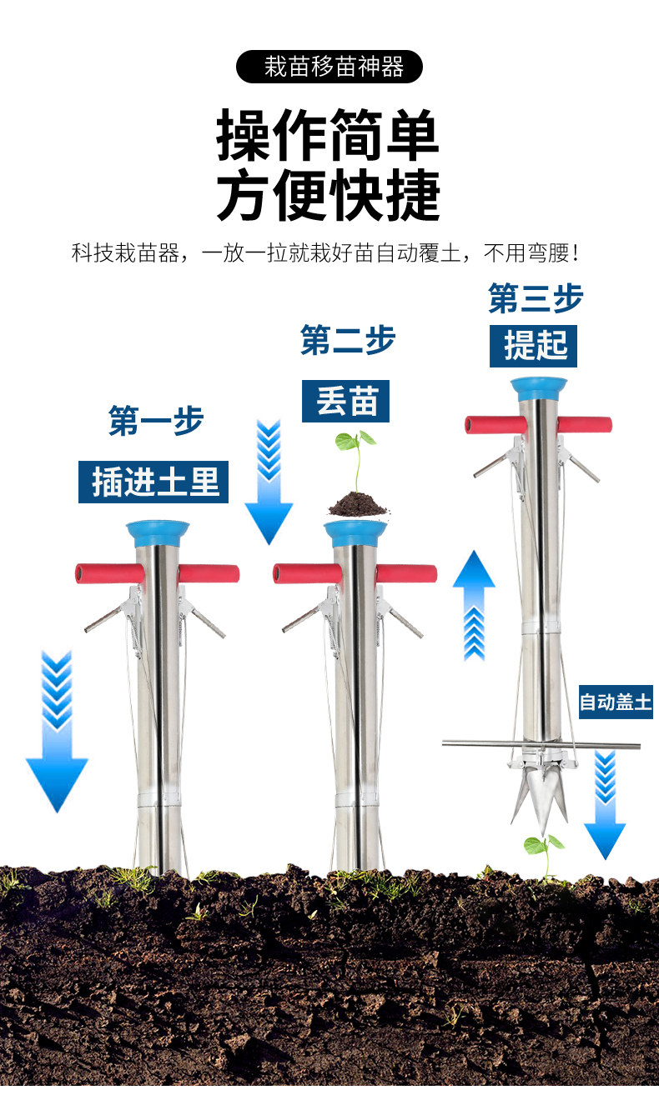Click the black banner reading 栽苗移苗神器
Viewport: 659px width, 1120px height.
point(329,67)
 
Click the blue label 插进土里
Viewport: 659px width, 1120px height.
point(153,482)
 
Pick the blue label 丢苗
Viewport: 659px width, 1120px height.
point(345,402)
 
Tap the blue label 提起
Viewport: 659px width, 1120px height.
point(533,345)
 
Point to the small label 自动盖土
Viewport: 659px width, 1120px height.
point(616,702)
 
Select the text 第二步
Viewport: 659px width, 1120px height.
point(347,340)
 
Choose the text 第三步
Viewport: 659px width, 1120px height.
point(536,298)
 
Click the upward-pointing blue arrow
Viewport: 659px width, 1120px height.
point(474,604)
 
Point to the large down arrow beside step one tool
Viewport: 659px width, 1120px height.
point(57,733)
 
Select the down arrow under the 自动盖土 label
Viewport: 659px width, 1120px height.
point(605,804)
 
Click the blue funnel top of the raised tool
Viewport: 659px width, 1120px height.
point(539,390)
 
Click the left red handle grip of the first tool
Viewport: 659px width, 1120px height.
point(108,573)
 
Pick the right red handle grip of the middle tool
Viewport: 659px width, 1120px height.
point(405,573)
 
